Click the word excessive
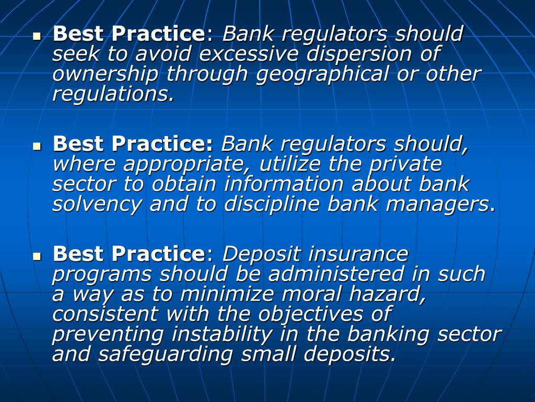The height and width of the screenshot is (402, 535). pos(250,54)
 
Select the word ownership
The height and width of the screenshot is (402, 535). pos(105,74)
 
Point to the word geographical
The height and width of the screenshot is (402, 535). pos(322,74)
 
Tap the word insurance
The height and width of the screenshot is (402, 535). pos(358,254)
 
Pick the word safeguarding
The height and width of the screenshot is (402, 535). pos(169,354)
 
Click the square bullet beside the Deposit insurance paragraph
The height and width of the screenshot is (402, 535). pos(37,257)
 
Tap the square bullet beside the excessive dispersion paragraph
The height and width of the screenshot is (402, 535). pos(37,37)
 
